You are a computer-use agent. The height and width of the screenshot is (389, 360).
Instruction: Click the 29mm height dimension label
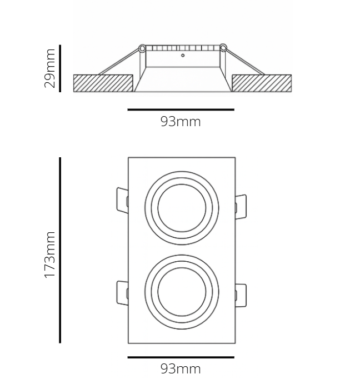[50, 69]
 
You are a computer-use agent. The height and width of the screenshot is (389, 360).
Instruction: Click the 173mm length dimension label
[50, 255]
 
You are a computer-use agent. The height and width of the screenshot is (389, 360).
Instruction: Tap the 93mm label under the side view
[181, 122]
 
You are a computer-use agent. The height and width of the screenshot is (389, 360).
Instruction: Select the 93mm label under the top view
[181, 368]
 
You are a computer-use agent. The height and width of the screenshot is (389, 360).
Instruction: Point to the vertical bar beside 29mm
[60, 69]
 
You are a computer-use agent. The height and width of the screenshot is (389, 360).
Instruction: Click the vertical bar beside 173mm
[60, 250]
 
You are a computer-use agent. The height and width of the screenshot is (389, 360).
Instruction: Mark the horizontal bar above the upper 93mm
[181, 110]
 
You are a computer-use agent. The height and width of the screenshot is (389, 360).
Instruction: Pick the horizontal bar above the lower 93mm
[181, 357]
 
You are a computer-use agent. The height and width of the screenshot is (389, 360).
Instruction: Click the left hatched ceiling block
[103, 83]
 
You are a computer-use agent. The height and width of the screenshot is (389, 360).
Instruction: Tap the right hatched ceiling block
[261, 83]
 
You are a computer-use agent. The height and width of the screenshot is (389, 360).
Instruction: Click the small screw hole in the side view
[183, 56]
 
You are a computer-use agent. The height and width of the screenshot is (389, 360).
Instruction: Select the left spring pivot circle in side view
[142, 49]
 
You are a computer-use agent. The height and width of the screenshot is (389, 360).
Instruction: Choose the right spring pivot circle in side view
[223, 49]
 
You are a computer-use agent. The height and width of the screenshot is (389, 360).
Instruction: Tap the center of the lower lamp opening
[182, 293]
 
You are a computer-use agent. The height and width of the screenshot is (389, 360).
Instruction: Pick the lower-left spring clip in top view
[121, 293]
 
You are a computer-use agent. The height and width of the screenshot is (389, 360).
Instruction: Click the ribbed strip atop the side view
[183, 48]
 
